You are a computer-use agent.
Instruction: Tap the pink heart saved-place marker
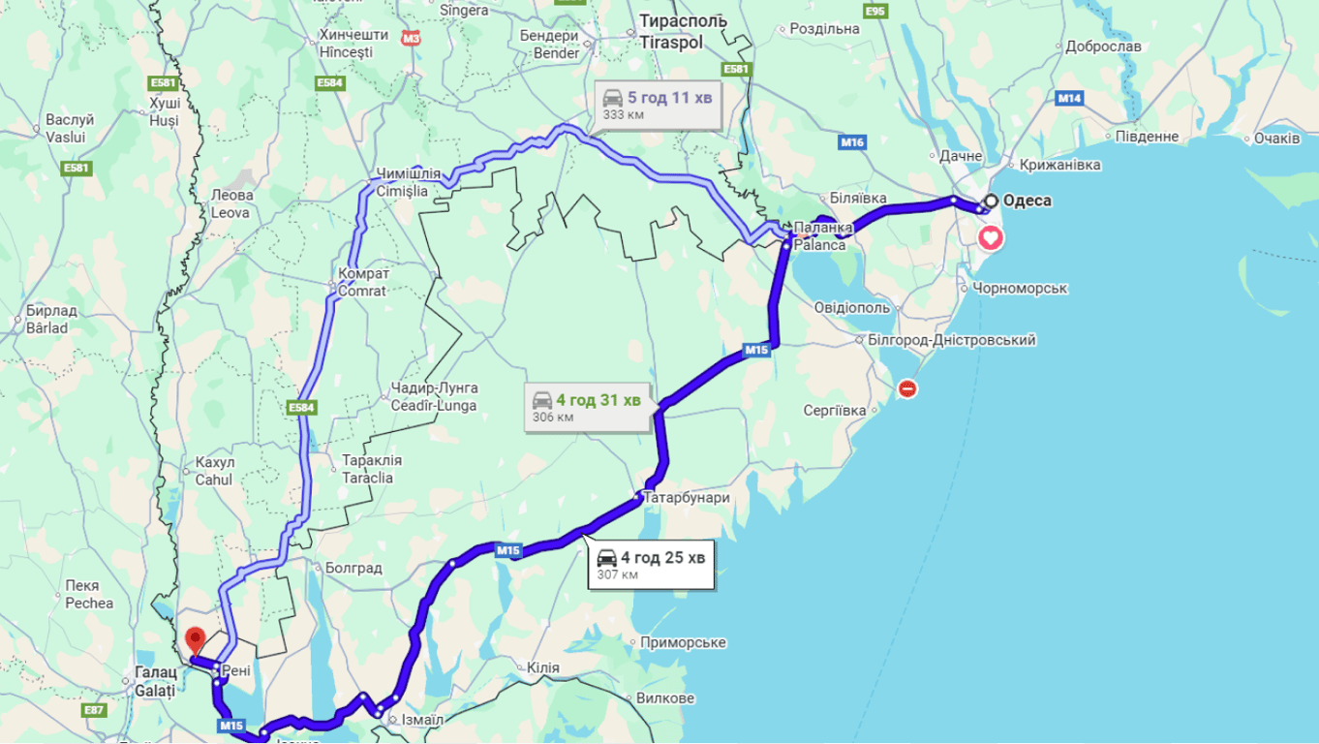[991, 237]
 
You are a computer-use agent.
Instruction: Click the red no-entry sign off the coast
[907, 388]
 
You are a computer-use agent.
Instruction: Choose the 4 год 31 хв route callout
[587, 407]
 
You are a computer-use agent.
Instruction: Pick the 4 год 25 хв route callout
[652, 565]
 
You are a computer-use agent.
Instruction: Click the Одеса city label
[1028, 201]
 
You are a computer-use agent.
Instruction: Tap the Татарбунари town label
[686, 498]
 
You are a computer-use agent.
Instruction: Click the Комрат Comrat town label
[362, 282]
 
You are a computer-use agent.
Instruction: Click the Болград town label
[353, 568]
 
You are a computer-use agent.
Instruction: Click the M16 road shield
[852, 143]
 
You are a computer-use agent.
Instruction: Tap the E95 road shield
[875, 11]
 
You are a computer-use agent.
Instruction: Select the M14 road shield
[1069, 98]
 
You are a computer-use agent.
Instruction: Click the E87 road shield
[95, 710]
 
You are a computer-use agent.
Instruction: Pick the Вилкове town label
[665, 698]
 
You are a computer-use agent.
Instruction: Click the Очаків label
[1276, 139]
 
